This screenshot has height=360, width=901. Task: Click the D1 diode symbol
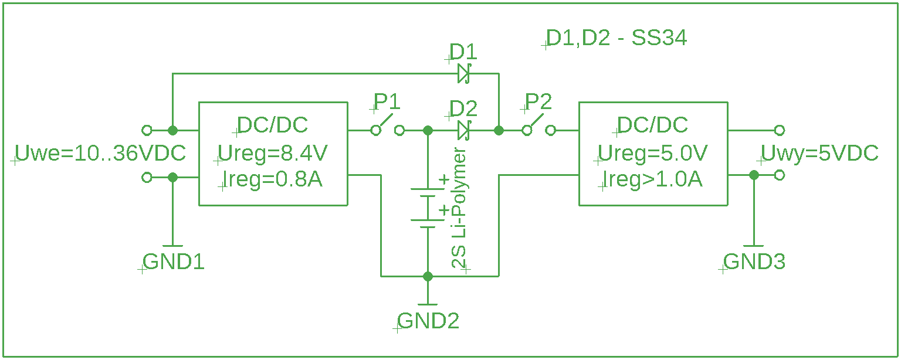pos(464,74)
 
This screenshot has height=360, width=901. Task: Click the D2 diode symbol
pos(464,130)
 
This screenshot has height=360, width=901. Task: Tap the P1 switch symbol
pos(387,125)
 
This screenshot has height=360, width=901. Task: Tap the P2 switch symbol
pos(539,125)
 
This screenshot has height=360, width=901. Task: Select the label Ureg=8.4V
pos(273,154)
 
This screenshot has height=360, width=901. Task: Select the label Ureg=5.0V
pos(652,154)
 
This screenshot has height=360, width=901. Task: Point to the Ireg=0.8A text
pos(273,179)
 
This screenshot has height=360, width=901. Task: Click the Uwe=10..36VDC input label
pos(100,153)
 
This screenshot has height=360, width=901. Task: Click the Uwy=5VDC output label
pos(819,153)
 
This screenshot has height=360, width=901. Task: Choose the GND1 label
pos(174,262)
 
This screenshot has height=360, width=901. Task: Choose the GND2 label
pos(428,321)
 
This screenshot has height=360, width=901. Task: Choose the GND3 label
pos(754,262)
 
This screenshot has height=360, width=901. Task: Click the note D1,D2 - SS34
pos(617,38)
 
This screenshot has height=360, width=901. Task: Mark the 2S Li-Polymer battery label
pos(459,208)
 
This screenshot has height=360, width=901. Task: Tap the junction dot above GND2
pos(428,276)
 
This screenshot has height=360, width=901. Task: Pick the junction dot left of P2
pos(499,130)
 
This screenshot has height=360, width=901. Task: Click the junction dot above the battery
pos(428,130)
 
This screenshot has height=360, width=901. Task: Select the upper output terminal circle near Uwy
pos(780,130)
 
